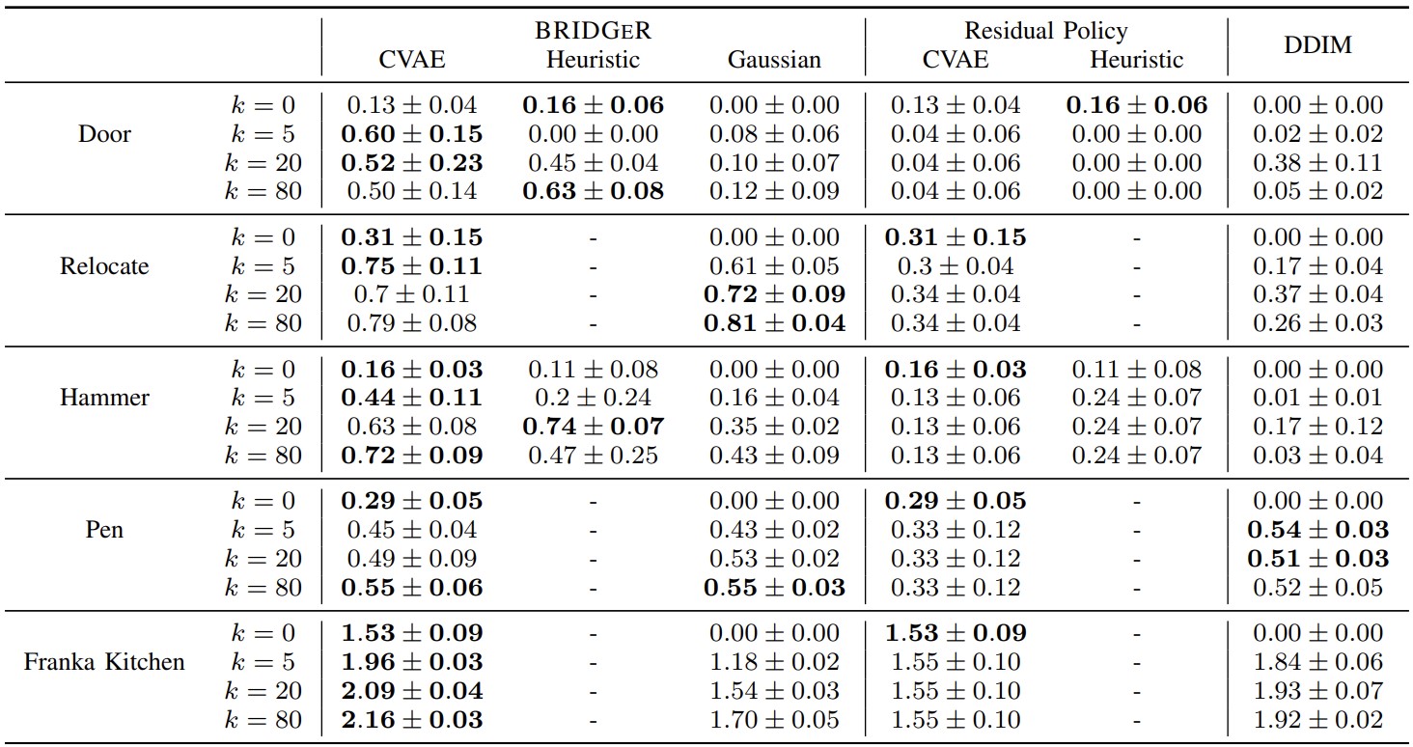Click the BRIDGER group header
coord(593,31)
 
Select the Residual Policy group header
coord(1045,31)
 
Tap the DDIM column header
coord(1317,46)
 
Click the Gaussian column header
coord(774,60)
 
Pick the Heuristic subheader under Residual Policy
coord(1136,60)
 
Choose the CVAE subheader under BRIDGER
coord(412,60)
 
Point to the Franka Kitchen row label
coord(104,662)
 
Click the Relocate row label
coord(104,265)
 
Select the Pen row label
coord(104,530)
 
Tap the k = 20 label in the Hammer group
coord(263,427)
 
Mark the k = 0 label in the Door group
coord(263,105)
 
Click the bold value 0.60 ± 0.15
coord(412,134)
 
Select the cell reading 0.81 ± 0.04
coord(774,323)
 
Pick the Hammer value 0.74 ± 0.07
coord(593,427)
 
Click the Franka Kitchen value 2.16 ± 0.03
coord(412,720)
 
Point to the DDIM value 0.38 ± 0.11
coord(1317,163)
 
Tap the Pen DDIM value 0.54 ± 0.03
coord(1317,530)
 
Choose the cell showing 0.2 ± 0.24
coord(593,398)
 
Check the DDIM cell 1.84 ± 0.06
coord(1317,662)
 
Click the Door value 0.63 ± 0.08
coord(593,191)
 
